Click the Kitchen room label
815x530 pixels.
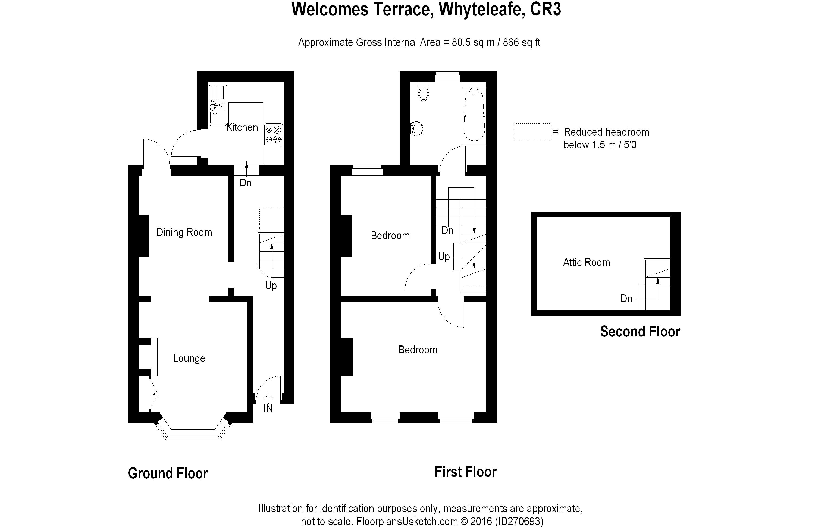(242, 127)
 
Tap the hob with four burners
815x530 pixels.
(274, 135)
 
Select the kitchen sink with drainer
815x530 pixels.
(217, 105)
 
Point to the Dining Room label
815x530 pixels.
(184, 233)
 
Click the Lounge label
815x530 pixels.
(189, 358)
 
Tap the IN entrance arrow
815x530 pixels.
(268, 399)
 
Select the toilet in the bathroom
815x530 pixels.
(424, 92)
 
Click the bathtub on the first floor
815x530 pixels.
(474, 115)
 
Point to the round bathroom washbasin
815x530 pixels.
(417, 129)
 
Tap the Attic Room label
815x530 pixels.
(586, 263)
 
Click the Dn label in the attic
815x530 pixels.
(626, 299)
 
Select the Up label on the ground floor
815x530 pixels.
(271, 285)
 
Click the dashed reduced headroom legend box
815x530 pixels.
(533, 132)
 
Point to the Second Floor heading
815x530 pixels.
(640, 332)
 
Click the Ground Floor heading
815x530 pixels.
(168, 473)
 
